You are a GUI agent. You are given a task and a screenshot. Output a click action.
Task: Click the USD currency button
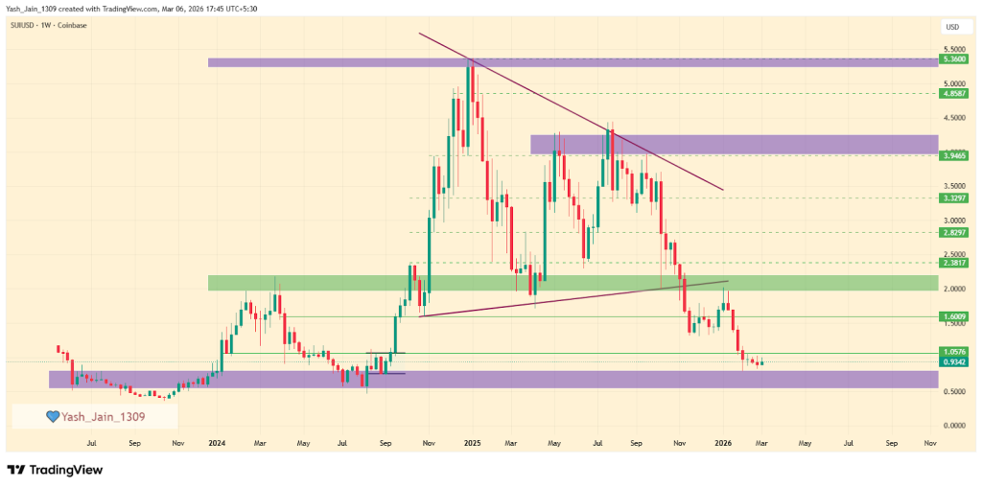952,27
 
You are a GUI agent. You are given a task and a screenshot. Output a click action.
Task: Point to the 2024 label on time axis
216,444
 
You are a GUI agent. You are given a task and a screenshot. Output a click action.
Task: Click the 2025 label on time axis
471,444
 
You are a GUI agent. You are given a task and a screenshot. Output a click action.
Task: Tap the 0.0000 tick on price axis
954,426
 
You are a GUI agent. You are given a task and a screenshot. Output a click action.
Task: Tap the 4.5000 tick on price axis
954,119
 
